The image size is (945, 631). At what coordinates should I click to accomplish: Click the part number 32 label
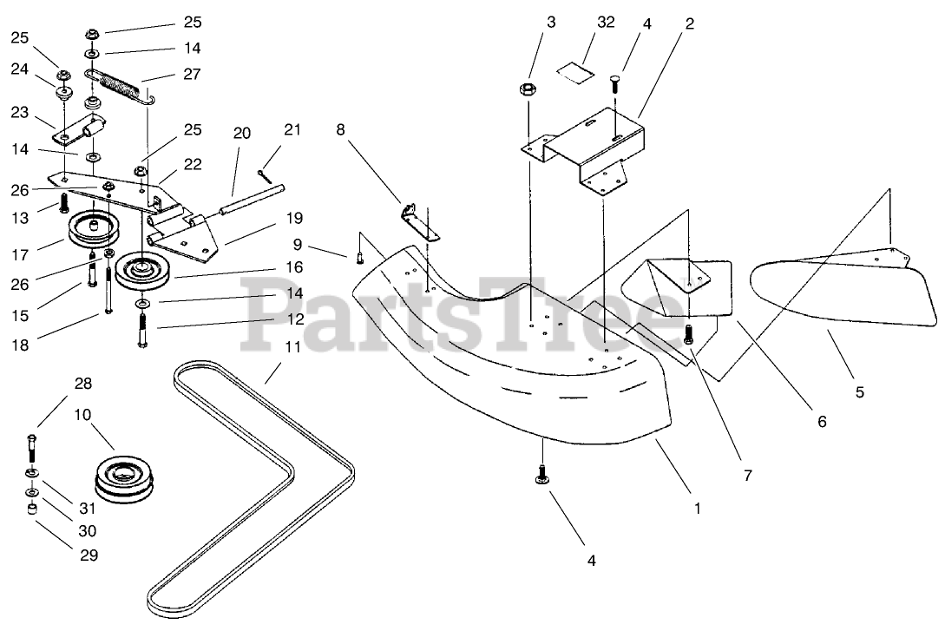point(606,23)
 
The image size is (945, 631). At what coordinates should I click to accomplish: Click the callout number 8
point(341,129)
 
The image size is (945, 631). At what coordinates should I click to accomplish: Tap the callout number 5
point(859,391)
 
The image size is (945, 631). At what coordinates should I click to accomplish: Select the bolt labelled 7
point(689,334)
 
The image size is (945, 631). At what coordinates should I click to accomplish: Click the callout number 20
point(241,133)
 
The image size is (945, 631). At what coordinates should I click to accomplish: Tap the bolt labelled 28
point(32,448)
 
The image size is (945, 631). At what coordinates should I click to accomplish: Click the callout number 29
point(89,555)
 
